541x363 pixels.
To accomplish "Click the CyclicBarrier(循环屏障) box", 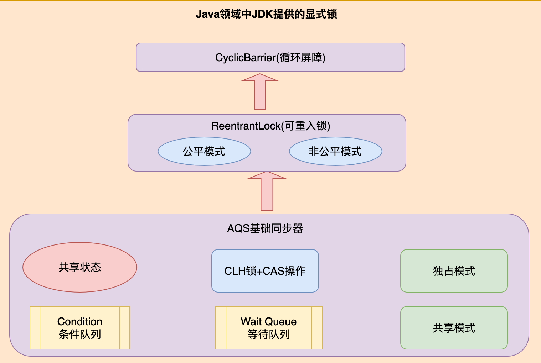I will pos(270,57).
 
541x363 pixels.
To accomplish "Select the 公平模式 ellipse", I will pos(204,151).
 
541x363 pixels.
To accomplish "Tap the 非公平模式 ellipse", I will pos(335,151).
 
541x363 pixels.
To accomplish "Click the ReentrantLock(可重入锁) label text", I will pos(270,126).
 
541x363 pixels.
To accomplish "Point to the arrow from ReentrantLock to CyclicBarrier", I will pos(260,92).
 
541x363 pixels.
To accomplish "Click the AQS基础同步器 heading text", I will pos(265,228).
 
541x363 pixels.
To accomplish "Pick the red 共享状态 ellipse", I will pos(80,267).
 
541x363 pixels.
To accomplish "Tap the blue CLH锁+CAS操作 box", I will pos(265,271).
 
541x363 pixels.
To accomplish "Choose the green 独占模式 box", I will pos(454,271).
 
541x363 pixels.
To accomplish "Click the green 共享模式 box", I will pos(454,328).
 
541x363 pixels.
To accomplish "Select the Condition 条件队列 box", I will pos(80,328).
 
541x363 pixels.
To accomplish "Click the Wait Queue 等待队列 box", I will pos(269,328).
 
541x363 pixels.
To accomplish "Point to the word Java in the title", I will pos(207,14).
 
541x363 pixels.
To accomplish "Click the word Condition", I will pos(80,322).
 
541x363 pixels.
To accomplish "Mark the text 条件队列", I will pos(80,335).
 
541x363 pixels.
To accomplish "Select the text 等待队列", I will pos(269,335).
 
